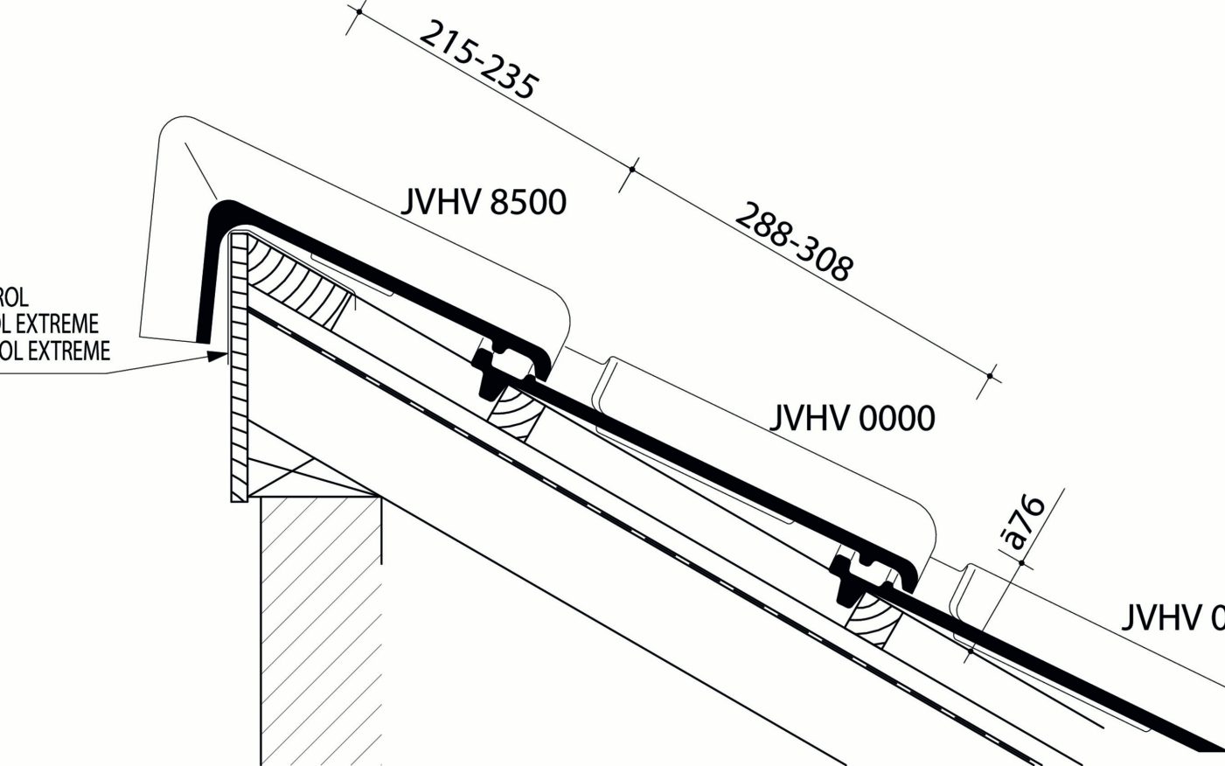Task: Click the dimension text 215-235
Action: pyautogui.click(x=478, y=60)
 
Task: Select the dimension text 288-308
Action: pyautogui.click(x=792, y=241)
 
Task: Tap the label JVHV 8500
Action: pyautogui.click(x=484, y=203)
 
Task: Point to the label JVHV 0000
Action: pyautogui.click(x=852, y=419)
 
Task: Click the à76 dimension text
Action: pyautogui.click(x=1025, y=522)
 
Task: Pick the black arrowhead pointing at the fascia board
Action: pyautogui.click(x=215, y=356)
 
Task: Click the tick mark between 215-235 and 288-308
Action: pyautogui.click(x=632, y=168)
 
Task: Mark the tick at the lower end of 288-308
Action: pyautogui.click(x=990, y=376)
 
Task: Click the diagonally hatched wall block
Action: pyautogui.click(x=320, y=612)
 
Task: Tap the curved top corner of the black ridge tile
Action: pyautogui.click(x=222, y=210)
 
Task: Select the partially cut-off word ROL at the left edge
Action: pyautogui.click(x=14, y=297)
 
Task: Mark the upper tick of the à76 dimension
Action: pyautogui.click(x=1020, y=563)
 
